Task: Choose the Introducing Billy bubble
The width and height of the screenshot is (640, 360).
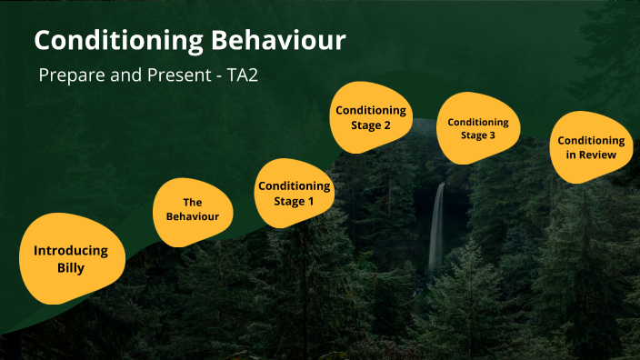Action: [x=71, y=258]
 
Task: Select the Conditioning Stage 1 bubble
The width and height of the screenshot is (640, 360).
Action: [x=295, y=194]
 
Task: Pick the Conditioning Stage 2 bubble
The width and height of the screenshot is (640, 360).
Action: [x=371, y=117]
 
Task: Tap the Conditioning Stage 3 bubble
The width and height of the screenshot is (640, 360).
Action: [x=478, y=128]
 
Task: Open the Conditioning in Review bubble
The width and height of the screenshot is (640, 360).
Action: [x=591, y=147]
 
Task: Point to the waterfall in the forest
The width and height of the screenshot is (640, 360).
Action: [x=437, y=227]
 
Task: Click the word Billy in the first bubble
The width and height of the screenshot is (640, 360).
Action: [x=71, y=267]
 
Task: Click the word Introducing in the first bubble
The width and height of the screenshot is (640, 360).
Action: [x=71, y=250]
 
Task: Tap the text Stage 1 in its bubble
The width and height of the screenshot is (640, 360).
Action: [x=295, y=201]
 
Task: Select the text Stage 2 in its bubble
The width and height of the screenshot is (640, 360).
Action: [x=371, y=125]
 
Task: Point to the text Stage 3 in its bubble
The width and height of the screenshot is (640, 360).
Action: [x=478, y=135]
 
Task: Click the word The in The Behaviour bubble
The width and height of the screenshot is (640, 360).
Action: [x=193, y=202]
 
